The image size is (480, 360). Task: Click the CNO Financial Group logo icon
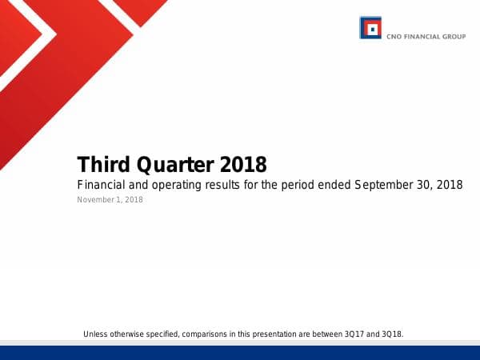pyautogui.click(x=370, y=29)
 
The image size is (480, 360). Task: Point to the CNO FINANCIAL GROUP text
pyautogui.click(x=426, y=36)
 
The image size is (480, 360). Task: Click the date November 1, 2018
pyautogui.click(x=110, y=200)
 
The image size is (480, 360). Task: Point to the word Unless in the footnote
pyautogui.click(x=95, y=333)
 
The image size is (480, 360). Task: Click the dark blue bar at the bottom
pyautogui.click(x=240, y=353)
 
